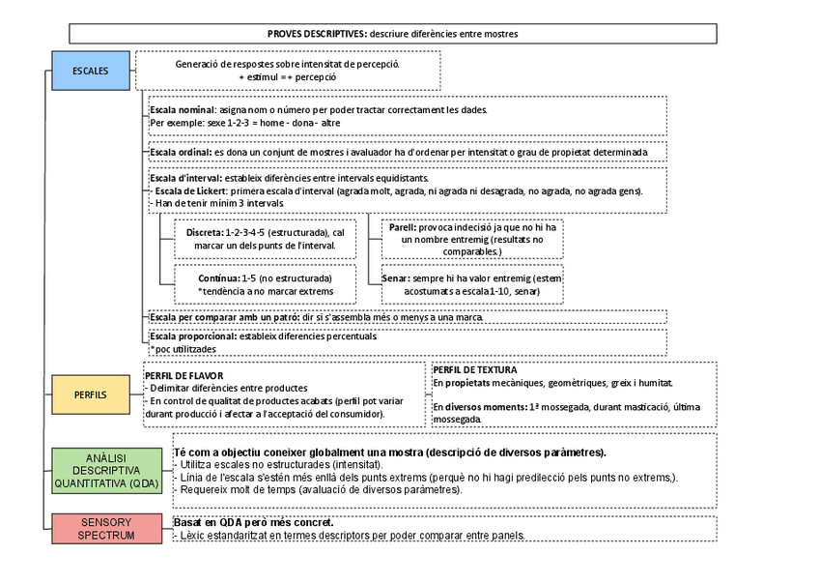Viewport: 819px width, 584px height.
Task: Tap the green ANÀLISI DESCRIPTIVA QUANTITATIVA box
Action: [x=107, y=471]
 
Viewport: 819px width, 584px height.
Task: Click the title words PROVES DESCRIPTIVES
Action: [x=315, y=34]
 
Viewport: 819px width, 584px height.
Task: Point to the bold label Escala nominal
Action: [x=184, y=110]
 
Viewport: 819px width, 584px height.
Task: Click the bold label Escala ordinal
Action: [x=181, y=152]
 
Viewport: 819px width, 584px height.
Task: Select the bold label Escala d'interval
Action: [x=185, y=179]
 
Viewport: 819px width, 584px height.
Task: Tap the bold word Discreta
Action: [x=204, y=233]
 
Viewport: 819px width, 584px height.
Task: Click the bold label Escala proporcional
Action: [x=193, y=336]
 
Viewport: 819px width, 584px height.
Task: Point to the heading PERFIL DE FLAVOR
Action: [x=184, y=375]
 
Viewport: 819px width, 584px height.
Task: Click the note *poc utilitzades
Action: [x=184, y=349]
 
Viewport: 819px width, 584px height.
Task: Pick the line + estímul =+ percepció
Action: [x=287, y=75]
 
